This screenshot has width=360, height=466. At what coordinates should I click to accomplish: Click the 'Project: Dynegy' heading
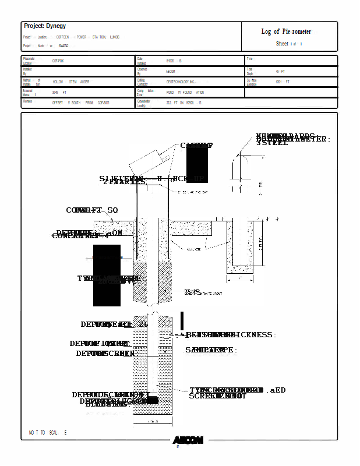(45, 26)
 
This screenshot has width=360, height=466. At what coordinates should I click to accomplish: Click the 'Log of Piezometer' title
(286, 31)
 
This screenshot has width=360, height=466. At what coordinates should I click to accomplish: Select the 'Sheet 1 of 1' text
(289, 44)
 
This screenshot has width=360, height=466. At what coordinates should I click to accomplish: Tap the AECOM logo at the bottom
(188, 440)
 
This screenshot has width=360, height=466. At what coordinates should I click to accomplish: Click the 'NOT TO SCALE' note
(48, 433)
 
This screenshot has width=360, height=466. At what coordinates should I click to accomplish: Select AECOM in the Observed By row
(171, 71)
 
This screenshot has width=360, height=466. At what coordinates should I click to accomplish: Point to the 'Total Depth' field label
(250, 71)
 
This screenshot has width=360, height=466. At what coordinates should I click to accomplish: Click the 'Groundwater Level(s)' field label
(144, 103)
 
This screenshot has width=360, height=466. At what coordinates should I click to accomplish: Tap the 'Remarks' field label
(27, 101)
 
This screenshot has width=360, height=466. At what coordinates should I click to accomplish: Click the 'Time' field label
(249, 59)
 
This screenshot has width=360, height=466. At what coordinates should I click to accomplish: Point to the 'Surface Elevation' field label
(252, 82)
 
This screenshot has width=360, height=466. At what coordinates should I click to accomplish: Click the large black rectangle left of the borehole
(107, 276)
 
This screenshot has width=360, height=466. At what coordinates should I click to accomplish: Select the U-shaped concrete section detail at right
(240, 248)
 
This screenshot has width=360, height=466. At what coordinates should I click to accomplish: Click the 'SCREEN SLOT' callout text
(217, 396)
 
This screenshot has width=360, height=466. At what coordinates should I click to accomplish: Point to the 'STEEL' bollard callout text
(272, 143)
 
